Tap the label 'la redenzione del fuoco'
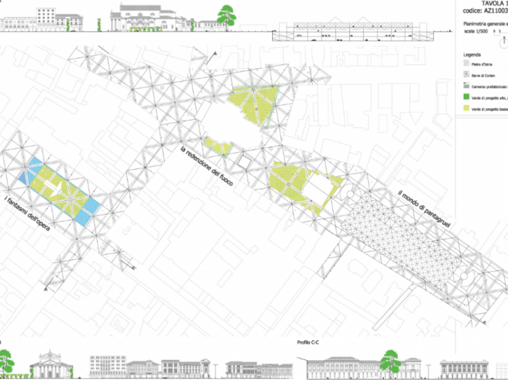click(207, 165)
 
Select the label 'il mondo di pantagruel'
click(425, 211)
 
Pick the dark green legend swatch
click(467, 97)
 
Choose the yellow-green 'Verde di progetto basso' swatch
click(467, 108)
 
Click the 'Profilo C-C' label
click(309, 342)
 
